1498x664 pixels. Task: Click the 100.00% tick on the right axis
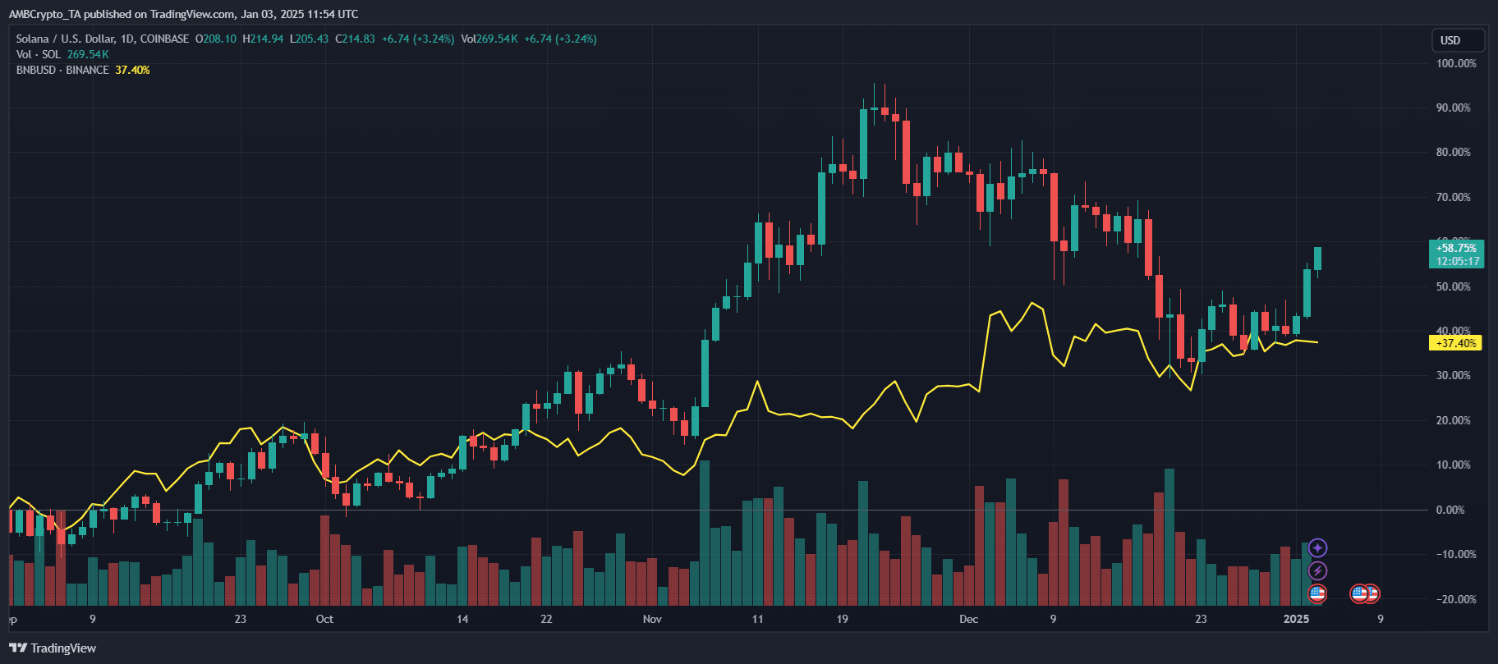pos(1455,63)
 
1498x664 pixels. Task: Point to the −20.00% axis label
pos(1455,599)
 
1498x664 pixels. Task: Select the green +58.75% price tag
pos(1457,248)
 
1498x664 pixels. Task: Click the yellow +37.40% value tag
pos(1456,343)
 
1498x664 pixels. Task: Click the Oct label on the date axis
pos(324,619)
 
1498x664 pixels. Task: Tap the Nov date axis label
pos(652,619)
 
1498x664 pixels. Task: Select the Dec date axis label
pos(968,619)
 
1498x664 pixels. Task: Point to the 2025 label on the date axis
pos(1296,619)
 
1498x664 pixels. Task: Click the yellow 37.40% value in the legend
pos(132,71)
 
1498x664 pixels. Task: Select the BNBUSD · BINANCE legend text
pos(62,71)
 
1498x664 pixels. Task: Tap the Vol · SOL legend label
pos(38,55)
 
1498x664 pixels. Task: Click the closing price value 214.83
pos(359,39)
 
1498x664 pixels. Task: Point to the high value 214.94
pos(267,39)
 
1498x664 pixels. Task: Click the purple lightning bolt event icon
pos(1317,570)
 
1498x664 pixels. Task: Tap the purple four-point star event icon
pos(1317,547)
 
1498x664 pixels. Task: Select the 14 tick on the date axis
pos(462,619)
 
